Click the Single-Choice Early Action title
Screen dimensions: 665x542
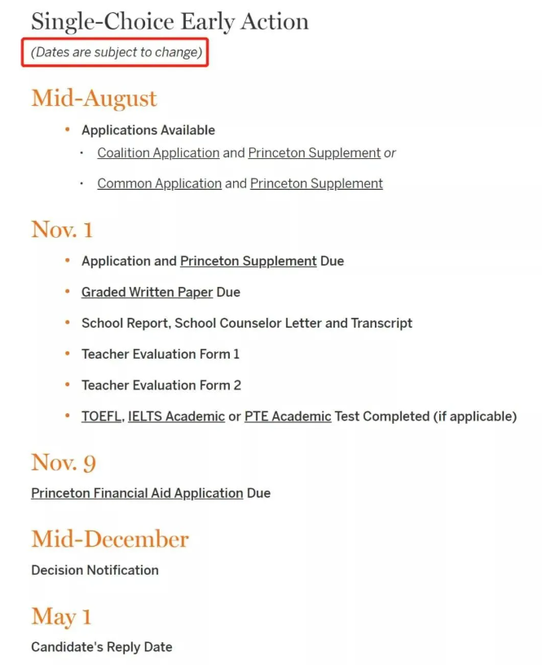click(170, 21)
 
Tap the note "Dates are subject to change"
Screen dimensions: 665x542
click(117, 53)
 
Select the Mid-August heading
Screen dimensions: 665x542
click(94, 99)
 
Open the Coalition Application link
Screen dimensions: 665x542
click(158, 152)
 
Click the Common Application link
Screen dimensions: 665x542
click(159, 183)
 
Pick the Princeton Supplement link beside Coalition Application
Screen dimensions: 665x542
click(314, 152)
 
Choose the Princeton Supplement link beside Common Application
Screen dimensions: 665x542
click(316, 183)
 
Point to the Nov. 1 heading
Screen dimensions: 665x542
click(62, 230)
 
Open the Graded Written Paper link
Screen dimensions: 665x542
click(147, 292)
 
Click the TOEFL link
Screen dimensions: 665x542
click(101, 416)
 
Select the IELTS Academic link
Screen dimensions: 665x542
click(176, 416)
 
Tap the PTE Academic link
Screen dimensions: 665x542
click(288, 416)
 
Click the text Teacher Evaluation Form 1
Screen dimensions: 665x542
click(161, 354)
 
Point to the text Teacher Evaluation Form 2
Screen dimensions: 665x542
click(161, 385)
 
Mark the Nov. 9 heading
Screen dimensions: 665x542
click(64, 463)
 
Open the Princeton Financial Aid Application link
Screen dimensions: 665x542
click(137, 493)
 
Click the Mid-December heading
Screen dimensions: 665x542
click(110, 539)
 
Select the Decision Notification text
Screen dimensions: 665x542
click(95, 570)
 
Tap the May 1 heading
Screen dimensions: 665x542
click(61, 617)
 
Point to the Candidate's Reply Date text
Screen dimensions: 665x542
click(102, 646)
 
